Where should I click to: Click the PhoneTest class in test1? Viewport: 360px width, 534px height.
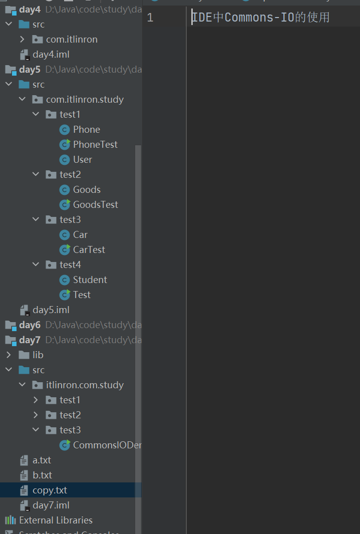point(95,144)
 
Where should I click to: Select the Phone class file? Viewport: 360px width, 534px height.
point(86,129)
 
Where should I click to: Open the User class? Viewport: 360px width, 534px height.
point(82,159)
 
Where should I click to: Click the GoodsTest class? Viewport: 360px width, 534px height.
point(95,204)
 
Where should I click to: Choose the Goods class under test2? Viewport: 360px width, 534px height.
point(87,189)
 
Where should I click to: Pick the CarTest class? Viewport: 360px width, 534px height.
point(89,249)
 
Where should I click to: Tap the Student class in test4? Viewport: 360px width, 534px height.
point(90,280)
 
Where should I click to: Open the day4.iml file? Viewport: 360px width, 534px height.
point(51,54)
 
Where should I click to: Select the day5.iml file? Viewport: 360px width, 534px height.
point(51,310)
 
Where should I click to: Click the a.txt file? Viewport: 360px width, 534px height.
point(42,460)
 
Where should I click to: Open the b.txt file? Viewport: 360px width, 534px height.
point(42,475)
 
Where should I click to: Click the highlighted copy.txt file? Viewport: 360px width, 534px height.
point(50,490)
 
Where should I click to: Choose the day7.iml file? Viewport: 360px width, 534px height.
point(51,505)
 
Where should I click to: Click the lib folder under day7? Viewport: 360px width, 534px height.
point(38,355)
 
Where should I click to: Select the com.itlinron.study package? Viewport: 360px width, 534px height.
point(85,99)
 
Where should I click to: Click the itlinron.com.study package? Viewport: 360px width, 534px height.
point(85,385)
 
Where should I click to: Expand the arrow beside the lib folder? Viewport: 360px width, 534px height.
point(9,355)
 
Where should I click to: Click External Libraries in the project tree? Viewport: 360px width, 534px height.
point(56,520)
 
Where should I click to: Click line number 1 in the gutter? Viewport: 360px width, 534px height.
point(150,18)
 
